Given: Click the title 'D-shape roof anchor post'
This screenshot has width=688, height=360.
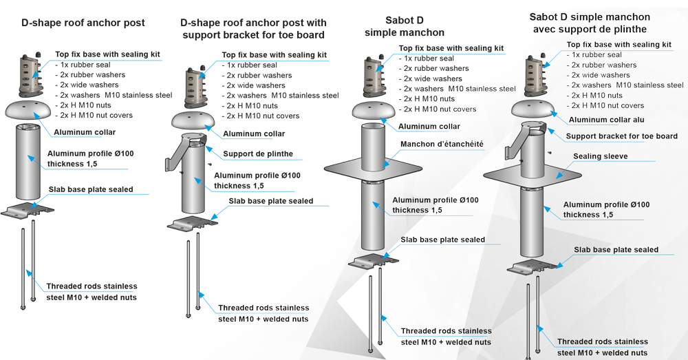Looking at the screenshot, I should pyautogui.click(x=83, y=23).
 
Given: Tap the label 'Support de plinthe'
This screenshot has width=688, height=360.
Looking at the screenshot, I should pyautogui.click(x=258, y=153).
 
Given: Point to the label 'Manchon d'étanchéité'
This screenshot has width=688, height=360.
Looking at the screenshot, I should pyautogui.click(x=442, y=145).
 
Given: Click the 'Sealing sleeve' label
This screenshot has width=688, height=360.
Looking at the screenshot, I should pyautogui.click(x=600, y=156).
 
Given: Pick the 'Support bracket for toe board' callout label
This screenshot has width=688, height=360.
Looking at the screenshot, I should pyautogui.click(x=621, y=136).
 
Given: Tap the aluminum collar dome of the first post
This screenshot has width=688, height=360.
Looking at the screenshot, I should pyautogui.click(x=30, y=110).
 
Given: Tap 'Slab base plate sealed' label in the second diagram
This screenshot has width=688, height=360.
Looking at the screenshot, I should pyautogui.click(x=270, y=201).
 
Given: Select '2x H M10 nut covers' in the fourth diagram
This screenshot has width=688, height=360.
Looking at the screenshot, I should pyautogui.click(x=605, y=105).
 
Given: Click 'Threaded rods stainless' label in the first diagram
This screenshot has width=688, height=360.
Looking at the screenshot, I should pyautogui.click(x=92, y=286).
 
